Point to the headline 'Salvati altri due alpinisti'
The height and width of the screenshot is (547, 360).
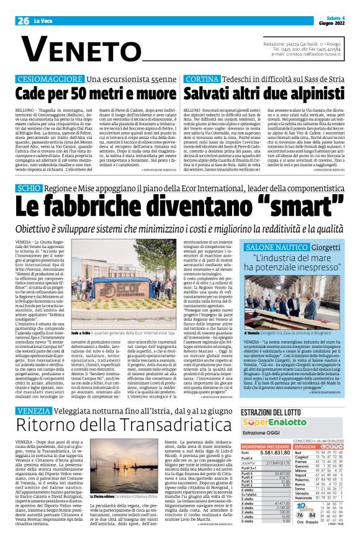pos(263,94)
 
